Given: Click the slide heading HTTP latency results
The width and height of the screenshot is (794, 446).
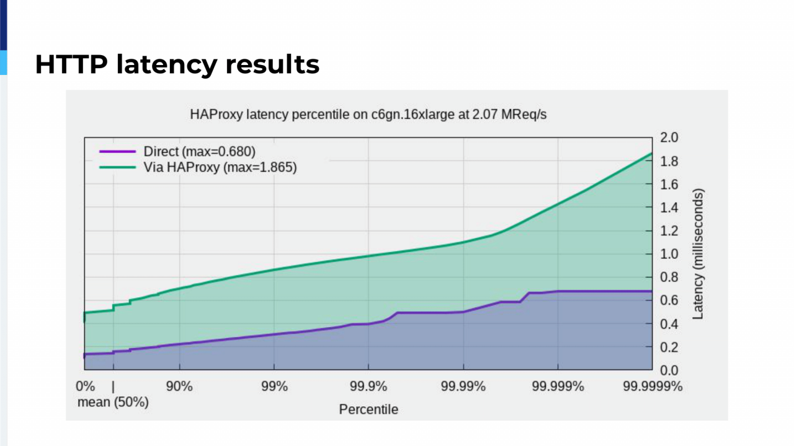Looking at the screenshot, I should (x=177, y=64).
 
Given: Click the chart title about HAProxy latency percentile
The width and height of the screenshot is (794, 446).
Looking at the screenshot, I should (x=368, y=115).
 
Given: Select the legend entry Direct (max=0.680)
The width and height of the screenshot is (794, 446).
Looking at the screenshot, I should (x=199, y=151).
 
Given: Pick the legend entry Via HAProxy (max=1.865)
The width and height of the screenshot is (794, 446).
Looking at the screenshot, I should (x=220, y=167).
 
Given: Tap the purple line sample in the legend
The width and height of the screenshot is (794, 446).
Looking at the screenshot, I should (x=117, y=151).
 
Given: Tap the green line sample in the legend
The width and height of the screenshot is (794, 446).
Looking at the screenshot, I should (x=117, y=167).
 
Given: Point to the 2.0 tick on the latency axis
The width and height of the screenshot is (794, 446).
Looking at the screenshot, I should (x=670, y=138).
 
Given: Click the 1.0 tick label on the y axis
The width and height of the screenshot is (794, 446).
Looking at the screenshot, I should (x=670, y=254).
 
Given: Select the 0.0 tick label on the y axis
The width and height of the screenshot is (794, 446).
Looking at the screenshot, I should (x=670, y=370).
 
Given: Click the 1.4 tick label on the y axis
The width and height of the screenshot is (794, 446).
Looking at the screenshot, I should (x=670, y=208).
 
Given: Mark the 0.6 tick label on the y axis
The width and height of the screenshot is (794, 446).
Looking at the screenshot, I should (x=670, y=300).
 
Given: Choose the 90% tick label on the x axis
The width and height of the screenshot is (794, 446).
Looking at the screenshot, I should (x=179, y=387).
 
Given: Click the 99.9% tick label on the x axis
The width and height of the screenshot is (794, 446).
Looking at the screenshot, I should (x=368, y=387).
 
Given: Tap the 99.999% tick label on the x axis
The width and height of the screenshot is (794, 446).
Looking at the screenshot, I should (x=558, y=387).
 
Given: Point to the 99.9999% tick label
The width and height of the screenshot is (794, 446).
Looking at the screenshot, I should (x=652, y=387).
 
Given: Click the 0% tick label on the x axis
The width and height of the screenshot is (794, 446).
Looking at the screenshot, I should (x=86, y=387).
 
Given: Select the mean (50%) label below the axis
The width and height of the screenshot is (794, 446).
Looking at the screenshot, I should (x=113, y=402).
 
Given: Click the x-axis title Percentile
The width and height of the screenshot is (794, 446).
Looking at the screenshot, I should (x=368, y=409).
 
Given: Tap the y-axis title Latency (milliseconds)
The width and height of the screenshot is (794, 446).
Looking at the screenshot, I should (x=698, y=254).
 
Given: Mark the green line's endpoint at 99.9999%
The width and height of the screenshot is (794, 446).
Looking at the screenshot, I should (x=652, y=153).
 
